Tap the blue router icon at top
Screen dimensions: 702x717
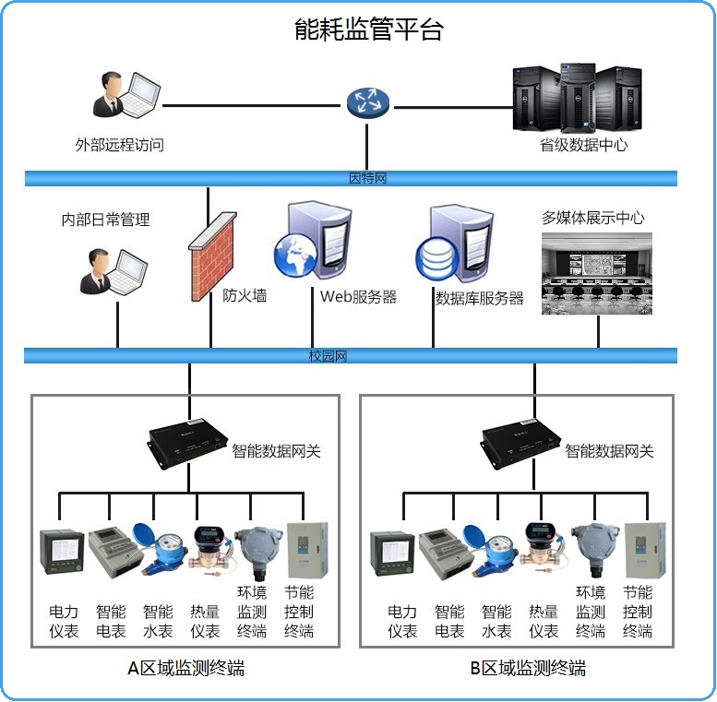click(368, 102)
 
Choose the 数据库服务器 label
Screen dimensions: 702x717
click(479, 298)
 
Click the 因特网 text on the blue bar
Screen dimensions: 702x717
click(367, 178)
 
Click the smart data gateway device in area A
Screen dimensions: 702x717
click(188, 441)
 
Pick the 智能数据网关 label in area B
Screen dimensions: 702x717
click(609, 451)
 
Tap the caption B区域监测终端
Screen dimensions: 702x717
click(527, 668)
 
